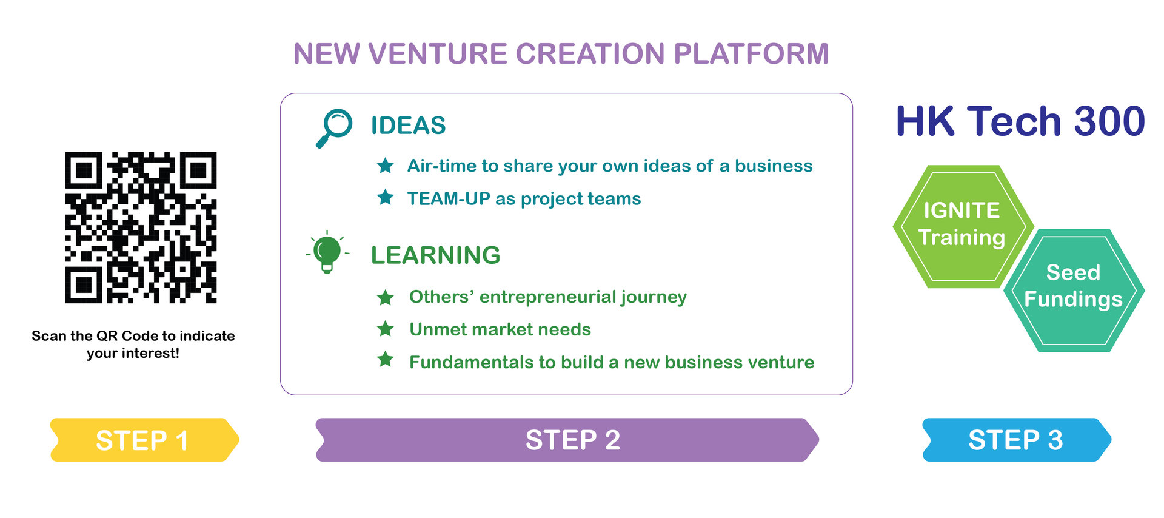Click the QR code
pyautogui.click(x=141, y=227)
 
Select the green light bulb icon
pyautogui.click(x=327, y=252)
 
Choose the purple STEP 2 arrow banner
pyautogui.click(x=567, y=440)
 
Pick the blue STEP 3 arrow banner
pyautogui.click(x=1016, y=440)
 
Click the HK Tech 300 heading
pyautogui.click(x=1020, y=121)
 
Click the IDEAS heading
pyautogui.click(x=408, y=126)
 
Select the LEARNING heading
pyautogui.click(x=435, y=255)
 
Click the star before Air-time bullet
pyautogui.click(x=386, y=166)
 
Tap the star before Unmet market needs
pyautogui.click(x=386, y=329)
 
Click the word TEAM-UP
pyautogui.click(x=448, y=199)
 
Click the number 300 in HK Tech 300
pyautogui.click(x=1109, y=121)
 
